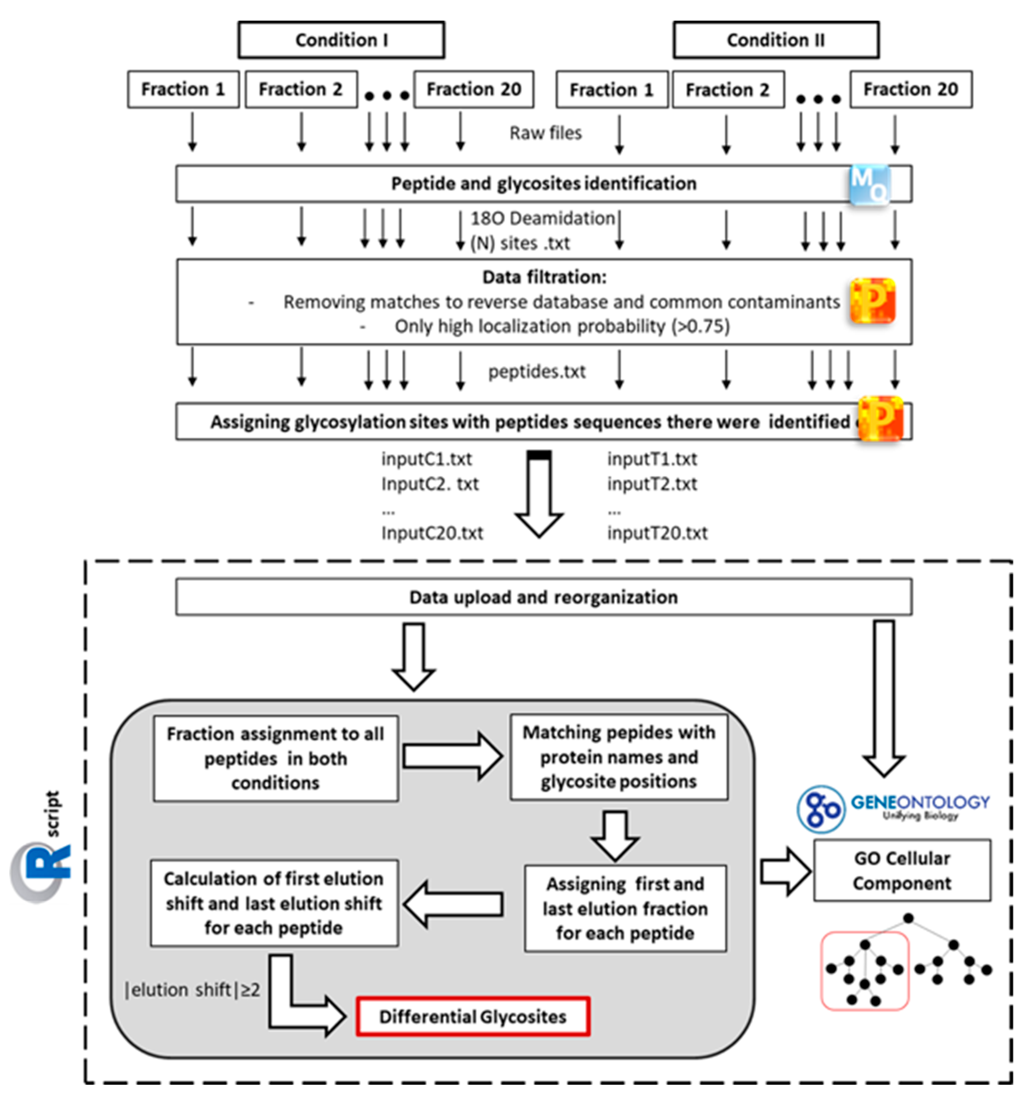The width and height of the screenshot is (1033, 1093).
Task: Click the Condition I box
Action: [x=341, y=40]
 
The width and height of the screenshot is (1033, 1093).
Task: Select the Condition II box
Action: [x=776, y=40]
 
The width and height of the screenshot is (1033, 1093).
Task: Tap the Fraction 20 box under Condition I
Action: [x=474, y=89]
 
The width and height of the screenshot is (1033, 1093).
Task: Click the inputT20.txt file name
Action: [x=657, y=533]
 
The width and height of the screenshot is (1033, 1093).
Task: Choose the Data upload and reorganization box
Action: [x=543, y=597]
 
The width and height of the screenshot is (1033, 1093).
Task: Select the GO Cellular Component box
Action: [x=902, y=871]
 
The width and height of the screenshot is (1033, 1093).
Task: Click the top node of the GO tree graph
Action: [x=909, y=918]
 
